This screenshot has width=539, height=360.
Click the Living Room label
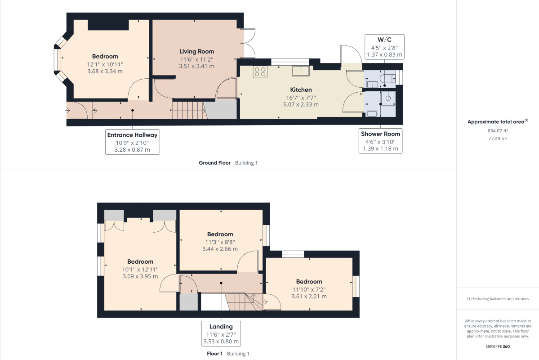pos(196,51)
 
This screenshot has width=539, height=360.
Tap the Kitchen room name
pos(301,90)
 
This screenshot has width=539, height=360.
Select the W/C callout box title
pos(384,40)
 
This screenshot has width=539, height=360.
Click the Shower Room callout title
pos(380,134)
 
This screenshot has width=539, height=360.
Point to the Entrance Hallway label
pos(132,135)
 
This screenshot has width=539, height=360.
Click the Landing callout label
pos(221,326)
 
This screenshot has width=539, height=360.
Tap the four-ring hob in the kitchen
pos(260,72)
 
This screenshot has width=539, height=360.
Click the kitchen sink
pos(301,71)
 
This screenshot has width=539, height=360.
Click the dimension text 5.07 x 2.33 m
pos(301,104)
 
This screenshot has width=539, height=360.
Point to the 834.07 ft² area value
pos(498,131)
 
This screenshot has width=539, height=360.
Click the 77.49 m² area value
pos(498,138)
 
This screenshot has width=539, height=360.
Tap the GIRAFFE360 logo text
pos(498,346)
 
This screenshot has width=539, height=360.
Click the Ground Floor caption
pos(214,163)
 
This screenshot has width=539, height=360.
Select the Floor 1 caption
pos(214,353)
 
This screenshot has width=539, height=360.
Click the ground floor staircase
pos(189,110)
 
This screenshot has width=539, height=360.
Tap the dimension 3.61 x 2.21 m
pos(309,297)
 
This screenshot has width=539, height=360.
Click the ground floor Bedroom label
pos(105,56)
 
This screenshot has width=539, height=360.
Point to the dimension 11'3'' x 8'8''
pos(220,242)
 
